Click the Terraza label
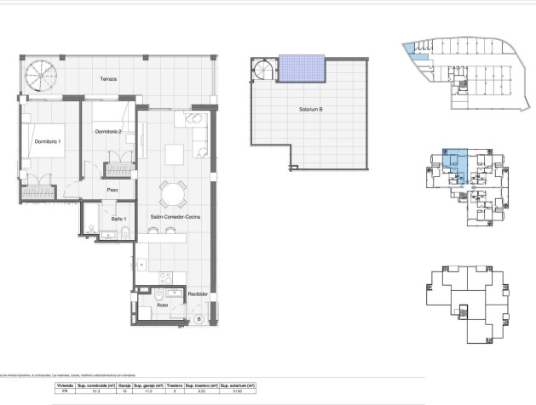point(107,79)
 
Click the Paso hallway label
point(111,191)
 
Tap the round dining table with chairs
point(174,193)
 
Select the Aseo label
point(162,304)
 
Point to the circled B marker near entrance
point(198,319)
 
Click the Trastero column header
point(175,385)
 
